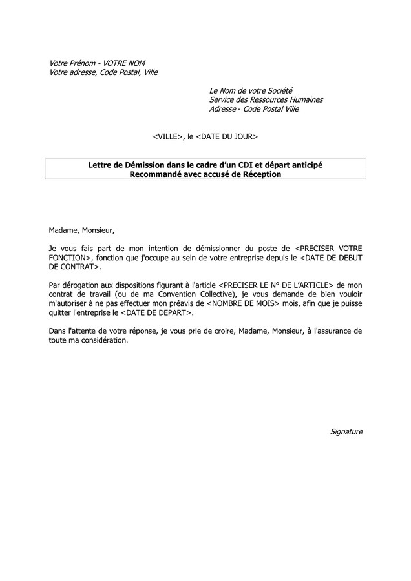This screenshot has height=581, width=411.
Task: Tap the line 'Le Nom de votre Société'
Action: (251, 90)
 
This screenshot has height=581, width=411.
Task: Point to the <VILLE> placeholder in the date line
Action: (169, 137)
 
